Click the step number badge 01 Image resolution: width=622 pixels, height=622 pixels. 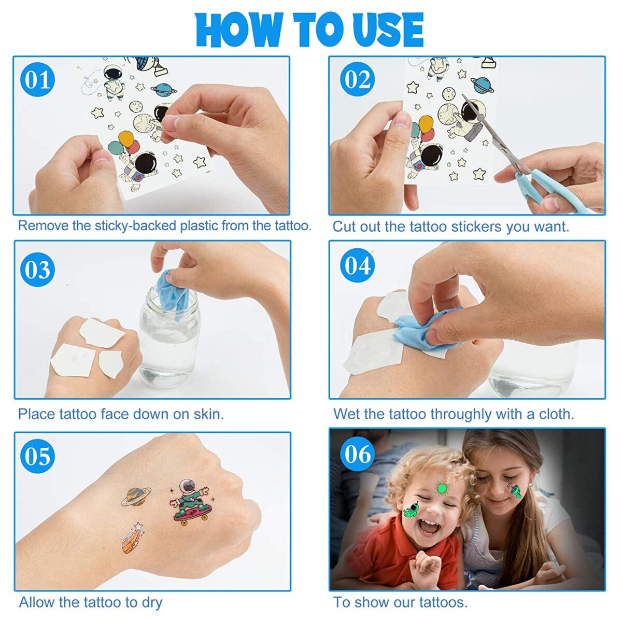click(x=37, y=79)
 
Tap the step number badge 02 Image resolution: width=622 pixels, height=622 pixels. click(x=357, y=79)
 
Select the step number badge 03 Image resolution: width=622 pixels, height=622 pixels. click(x=37, y=270)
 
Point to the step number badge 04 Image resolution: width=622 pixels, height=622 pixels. click(x=357, y=266)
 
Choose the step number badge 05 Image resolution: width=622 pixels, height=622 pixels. click(x=37, y=456)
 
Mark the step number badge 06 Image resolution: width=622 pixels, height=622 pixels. click(x=357, y=454)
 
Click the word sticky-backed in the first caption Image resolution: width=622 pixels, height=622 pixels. click(x=136, y=226)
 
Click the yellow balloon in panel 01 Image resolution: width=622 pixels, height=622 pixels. click(x=126, y=139)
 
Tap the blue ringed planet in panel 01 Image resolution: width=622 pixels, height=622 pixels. click(x=163, y=89)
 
